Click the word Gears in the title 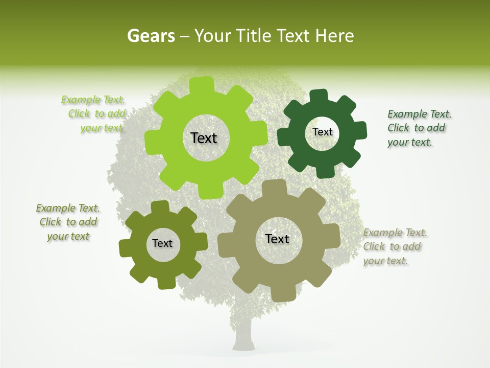151,36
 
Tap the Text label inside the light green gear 204,138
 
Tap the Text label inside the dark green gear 322,132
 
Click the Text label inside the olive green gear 162,243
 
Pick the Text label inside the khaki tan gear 277,239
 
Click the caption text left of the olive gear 68,222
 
